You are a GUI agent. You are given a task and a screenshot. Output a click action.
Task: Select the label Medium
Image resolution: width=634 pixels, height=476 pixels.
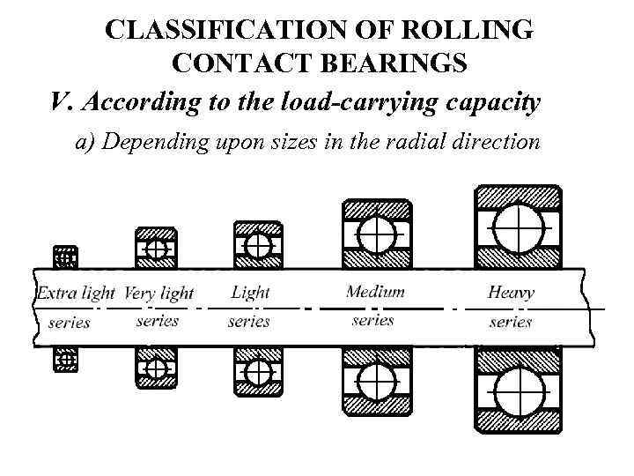(375, 291)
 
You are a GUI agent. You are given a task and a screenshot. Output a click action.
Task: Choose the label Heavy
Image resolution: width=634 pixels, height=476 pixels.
(511, 292)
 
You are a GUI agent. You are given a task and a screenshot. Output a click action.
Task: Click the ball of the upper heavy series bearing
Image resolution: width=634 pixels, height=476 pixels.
(518, 227)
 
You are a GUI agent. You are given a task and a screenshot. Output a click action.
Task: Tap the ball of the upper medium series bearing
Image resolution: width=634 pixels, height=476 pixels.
(376, 234)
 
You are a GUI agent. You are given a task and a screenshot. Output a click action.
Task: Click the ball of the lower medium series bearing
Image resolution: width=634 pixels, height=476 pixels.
(376, 383)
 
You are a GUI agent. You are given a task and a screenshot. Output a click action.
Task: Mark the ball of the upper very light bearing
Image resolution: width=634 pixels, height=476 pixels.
(157, 249)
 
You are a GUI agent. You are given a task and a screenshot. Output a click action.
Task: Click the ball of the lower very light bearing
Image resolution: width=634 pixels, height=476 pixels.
(157, 367)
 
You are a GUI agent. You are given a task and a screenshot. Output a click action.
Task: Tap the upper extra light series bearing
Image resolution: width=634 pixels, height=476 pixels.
(65, 257)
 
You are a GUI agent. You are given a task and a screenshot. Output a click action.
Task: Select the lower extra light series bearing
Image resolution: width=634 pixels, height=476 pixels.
(65, 360)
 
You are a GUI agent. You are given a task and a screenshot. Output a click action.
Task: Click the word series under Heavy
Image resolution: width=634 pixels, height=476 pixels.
(511, 322)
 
